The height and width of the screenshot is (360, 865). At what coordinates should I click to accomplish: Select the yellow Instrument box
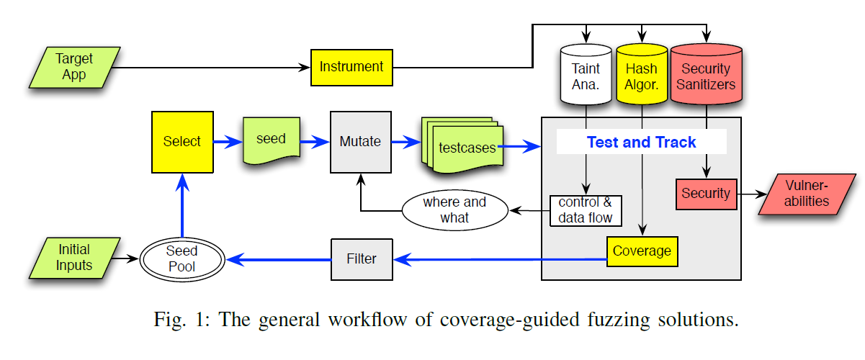[x=351, y=67]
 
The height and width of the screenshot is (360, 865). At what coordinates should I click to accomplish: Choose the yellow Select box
[x=182, y=142]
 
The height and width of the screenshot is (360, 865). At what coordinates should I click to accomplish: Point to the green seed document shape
[x=271, y=140]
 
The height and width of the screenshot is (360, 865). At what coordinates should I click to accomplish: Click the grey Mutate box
[x=360, y=142]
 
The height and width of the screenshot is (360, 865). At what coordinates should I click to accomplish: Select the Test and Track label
[x=641, y=142]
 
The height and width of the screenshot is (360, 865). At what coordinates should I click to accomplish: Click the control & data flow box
[x=585, y=210]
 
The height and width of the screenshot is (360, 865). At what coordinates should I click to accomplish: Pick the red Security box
[x=706, y=194]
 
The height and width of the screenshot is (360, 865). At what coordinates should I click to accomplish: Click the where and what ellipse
[x=454, y=210]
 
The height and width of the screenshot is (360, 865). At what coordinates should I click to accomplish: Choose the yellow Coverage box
[x=642, y=251]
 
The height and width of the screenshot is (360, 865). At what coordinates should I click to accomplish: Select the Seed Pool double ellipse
[x=181, y=258]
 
